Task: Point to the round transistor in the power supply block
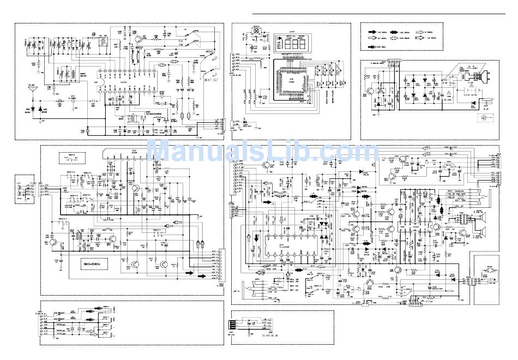(371, 92)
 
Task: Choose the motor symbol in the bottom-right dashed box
(484, 279)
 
